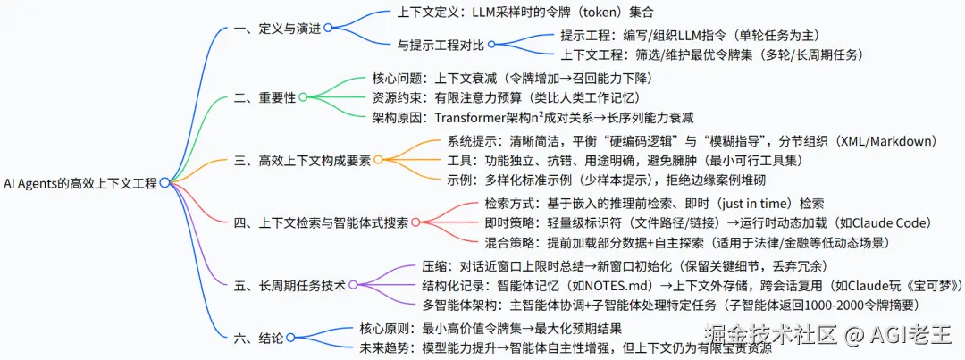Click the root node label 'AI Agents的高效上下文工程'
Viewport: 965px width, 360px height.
(x=80, y=182)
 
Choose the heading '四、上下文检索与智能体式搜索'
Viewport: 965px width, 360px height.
(x=321, y=222)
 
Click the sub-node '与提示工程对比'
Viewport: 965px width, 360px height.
(x=441, y=45)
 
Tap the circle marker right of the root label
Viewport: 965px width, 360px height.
(x=164, y=182)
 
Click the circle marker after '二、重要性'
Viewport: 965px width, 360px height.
(x=304, y=96)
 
